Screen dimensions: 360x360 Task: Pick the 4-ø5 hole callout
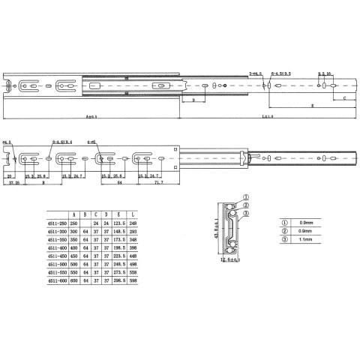(x=92, y=141)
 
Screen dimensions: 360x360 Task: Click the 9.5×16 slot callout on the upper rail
(x=325, y=73)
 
